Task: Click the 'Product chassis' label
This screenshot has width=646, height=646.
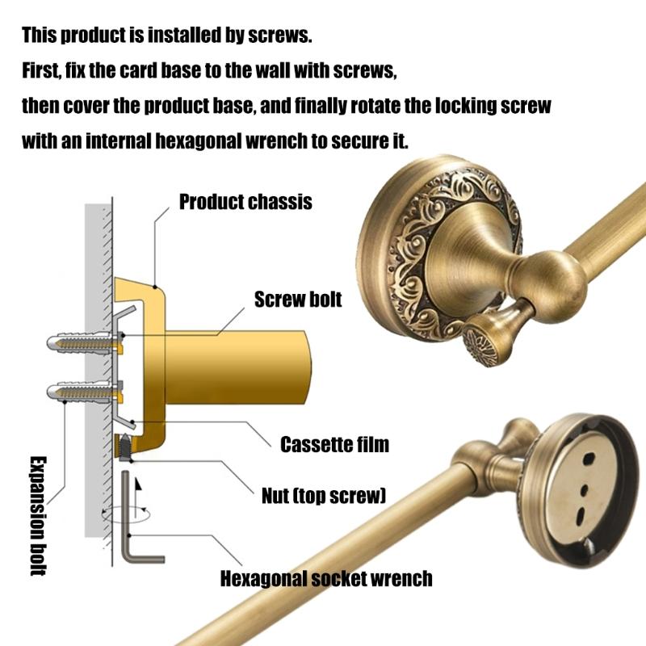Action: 245,203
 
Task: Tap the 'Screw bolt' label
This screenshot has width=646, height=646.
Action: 298,300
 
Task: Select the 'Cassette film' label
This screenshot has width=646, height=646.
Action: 334,445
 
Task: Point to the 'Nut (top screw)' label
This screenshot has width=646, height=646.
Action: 324,496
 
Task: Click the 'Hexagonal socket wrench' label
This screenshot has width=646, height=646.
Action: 326,579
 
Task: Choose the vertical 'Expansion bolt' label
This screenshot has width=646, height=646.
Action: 38,515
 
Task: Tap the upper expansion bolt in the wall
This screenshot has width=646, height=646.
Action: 85,342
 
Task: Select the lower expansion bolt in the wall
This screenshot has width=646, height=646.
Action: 85,392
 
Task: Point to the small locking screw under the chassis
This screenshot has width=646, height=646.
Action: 124,447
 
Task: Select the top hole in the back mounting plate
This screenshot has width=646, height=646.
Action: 589,458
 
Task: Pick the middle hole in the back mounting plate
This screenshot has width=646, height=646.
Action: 584,490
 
